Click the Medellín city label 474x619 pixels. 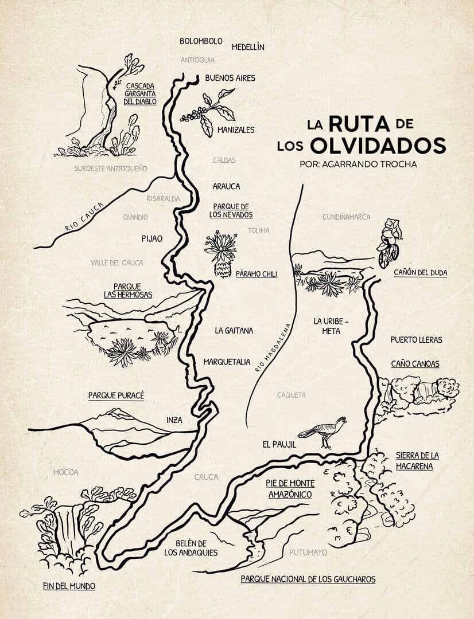[248, 47]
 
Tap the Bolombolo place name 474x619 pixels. [201, 41]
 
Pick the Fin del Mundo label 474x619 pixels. [69, 586]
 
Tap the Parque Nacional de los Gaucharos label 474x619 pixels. [308, 579]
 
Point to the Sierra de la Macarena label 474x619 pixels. [417, 461]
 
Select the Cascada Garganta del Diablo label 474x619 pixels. [140, 93]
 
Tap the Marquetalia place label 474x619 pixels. [227, 362]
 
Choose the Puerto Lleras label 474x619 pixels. [416, 340]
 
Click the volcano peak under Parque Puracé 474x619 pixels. [118, 413]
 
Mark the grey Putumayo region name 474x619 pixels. [308, 553]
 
